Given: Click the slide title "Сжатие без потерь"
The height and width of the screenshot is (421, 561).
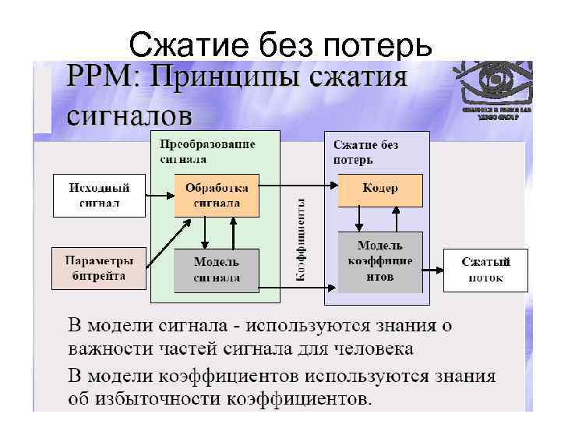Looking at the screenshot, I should click(280, 46).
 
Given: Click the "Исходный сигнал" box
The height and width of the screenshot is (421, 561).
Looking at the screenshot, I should click(99, 195).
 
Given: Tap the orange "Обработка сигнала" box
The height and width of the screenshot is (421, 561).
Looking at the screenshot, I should click(217, 195).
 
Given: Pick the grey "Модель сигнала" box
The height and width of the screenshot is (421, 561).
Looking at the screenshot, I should click(217, 269).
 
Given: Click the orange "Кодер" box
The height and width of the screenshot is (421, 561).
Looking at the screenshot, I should click(380, 189).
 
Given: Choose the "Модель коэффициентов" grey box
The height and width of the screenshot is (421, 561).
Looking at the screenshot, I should click(380, 261).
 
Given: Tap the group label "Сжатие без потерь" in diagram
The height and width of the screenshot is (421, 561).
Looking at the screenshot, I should click(365, 152).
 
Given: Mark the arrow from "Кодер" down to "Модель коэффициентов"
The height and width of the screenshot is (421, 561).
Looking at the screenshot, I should click(360, 219).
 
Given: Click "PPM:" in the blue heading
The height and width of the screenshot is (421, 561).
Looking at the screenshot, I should click(102, 80).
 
